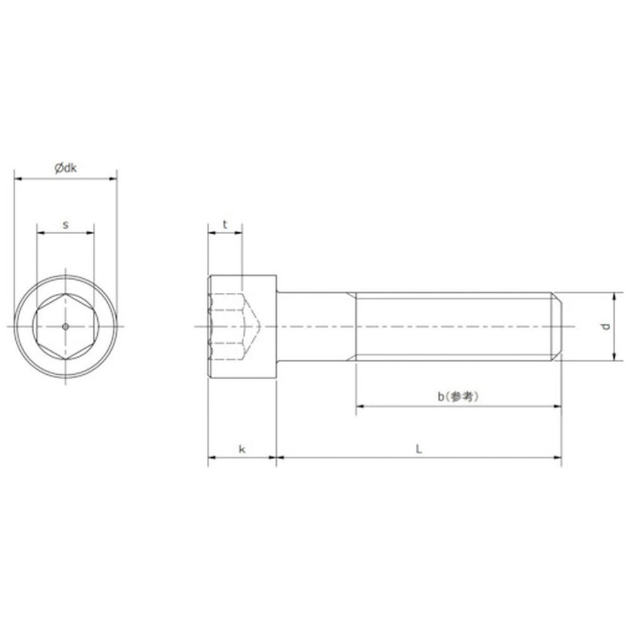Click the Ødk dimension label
point(66,168)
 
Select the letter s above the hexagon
point(66,225)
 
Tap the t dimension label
point(225,224)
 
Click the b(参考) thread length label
point(458,397)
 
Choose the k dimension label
point(242,449)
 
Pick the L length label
point(419,449)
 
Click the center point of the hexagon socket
point(66,326)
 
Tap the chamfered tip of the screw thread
point(557,326)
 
